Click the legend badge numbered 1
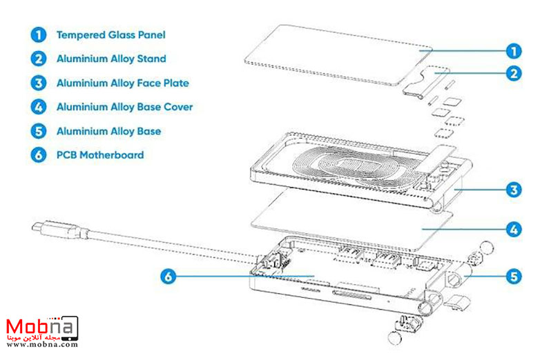point(37,34)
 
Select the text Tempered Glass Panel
point(110,34)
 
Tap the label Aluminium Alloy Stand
point(111,59)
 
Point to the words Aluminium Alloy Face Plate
point(122,83)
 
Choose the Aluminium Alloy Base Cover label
point(124,107)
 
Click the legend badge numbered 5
point(37,131)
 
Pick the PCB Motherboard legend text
point(100,155)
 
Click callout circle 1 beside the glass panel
point(512,50)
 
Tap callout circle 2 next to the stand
point(512,72)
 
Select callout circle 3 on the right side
point(512,188)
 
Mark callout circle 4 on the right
point(512,228)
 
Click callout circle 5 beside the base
point(512,277)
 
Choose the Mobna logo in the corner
point(41,328)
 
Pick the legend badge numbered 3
point(37,83)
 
